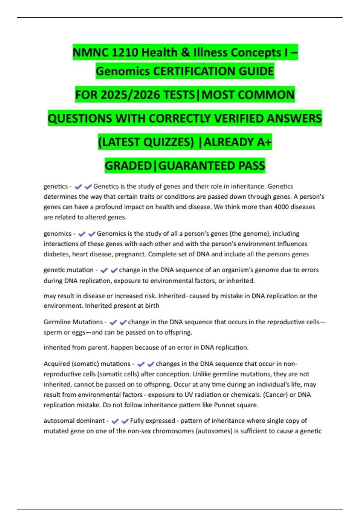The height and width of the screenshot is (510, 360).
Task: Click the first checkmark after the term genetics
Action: click(x=78, y=187)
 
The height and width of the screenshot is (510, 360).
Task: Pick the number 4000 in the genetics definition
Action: click(x=282, y=207)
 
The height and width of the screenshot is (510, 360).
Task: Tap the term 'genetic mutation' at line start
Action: click(x=68, y=270)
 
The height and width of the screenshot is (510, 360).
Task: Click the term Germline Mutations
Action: click(x=73, y=322)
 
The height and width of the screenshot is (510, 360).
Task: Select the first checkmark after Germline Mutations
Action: click(x=113, y=322)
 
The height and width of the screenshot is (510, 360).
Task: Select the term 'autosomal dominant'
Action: click(x=74, y=421)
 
